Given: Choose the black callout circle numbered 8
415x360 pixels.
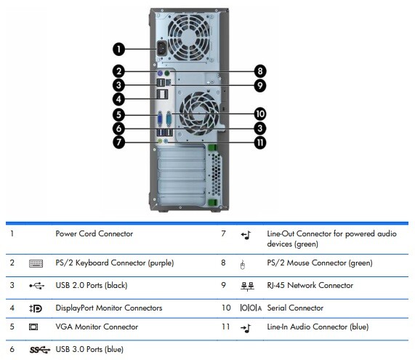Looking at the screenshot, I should pyautogui.click(x=259, y=71).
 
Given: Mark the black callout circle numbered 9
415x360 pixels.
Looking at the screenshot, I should pyautogui.click(x=259, y=86).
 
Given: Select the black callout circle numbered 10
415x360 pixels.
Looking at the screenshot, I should pyautogui.click(x=259, y=114).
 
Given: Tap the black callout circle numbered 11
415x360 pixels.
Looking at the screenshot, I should pyautogui.click(x=259, y=143).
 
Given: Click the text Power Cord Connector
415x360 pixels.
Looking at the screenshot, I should pyautogui.click(x=94, y=234).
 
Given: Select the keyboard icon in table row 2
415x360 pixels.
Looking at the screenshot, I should pyautogui.click(x=36, y=263).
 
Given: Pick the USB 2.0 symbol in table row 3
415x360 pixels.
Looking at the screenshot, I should pyautogui.click(x=36, y=286).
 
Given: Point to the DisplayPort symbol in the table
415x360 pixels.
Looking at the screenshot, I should pyautogui.click(x=36, y=308).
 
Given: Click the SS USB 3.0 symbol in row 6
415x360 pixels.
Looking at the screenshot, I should pyautogui.click(x=39, y=350).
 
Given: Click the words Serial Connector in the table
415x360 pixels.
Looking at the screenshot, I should pyautogui.click(x=296, y=308).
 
